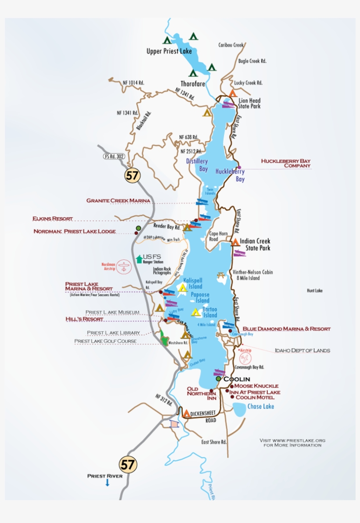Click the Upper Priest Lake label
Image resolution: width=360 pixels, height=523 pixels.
point(169,51)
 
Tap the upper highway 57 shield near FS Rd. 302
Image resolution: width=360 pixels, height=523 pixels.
point(132,175)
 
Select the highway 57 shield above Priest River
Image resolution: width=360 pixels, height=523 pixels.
point(128,465)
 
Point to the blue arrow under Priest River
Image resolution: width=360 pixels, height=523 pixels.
point(107,483)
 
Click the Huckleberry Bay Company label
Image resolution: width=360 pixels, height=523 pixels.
point(285,163)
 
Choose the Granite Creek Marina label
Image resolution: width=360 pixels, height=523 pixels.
point(118,201)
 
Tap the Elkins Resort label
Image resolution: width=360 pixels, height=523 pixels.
point(52,219)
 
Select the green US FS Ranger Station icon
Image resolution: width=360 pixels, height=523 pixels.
point(139,259)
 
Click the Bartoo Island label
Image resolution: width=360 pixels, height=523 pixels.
point(210,312)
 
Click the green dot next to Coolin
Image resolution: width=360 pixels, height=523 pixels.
point(218,379)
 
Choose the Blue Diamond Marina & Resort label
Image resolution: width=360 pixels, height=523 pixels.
point(286,329)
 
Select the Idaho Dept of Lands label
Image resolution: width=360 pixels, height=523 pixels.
point(302,350)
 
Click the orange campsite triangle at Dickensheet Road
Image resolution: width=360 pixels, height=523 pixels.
point(186,413)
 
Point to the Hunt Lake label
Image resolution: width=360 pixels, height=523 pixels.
point(314,290)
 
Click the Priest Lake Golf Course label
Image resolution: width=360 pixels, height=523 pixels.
point(105,341)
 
